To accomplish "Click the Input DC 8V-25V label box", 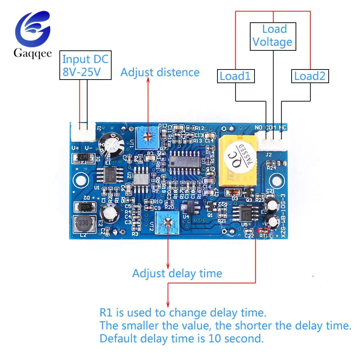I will coord(85,66).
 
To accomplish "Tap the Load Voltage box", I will coord(273,36).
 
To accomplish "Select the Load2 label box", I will coord(310,76).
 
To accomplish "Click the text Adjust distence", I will coord(160,72).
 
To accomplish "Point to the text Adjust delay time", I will coord(177,273).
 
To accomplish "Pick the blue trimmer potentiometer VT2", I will coord(167,223).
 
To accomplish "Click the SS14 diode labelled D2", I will coord(84,207).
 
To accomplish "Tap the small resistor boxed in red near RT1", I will coord(263,230).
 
